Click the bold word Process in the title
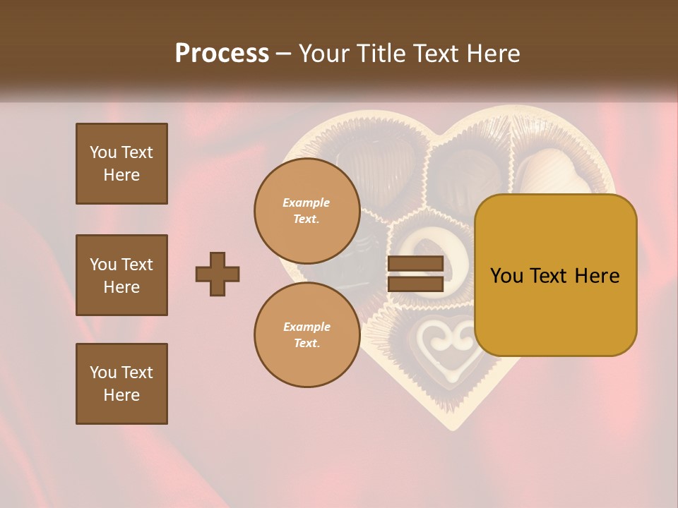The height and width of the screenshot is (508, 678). pos(222,54)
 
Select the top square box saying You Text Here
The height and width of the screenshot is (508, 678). pos(121,164)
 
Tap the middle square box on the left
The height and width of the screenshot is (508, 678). pos(121,275)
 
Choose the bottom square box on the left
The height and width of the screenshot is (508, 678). pos(121,384)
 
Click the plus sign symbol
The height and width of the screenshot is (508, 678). pos(218,274)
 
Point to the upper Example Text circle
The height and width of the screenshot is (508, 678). pos(307,210)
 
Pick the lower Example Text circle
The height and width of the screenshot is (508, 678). pos(307,334)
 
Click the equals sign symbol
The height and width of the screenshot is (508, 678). pos(415,274)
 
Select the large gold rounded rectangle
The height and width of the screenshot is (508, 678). pos(555,275)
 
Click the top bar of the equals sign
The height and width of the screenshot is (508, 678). pos(415,264)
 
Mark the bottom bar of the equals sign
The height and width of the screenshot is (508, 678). pos(415,284)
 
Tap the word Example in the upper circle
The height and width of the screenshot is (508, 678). pos(307,202)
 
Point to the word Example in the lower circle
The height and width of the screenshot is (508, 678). pos(307,327)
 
